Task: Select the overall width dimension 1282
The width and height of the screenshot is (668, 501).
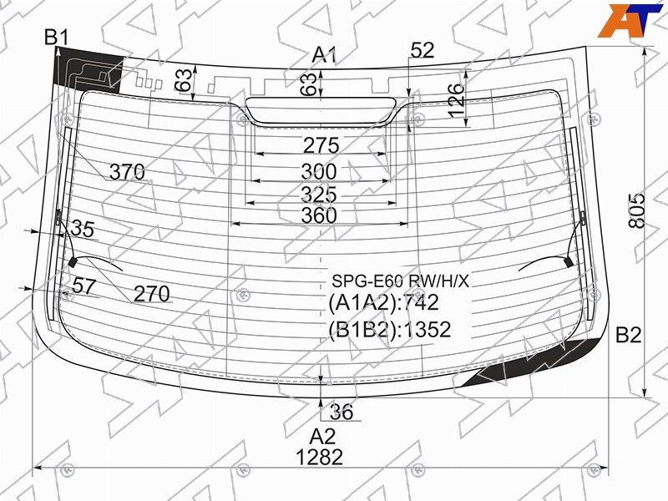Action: [319, 458]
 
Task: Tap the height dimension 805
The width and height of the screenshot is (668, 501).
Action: [637, 210]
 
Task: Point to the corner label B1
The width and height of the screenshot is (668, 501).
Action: [57, 38]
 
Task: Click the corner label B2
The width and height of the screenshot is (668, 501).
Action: [629, 335]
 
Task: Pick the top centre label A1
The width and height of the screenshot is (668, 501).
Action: [324, 55]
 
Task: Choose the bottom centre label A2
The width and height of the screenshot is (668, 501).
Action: [322, 437]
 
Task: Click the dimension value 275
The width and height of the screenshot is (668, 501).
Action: [321, 145]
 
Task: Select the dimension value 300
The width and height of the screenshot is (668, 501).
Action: [319, 172]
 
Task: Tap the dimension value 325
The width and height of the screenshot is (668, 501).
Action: [319, 195]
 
